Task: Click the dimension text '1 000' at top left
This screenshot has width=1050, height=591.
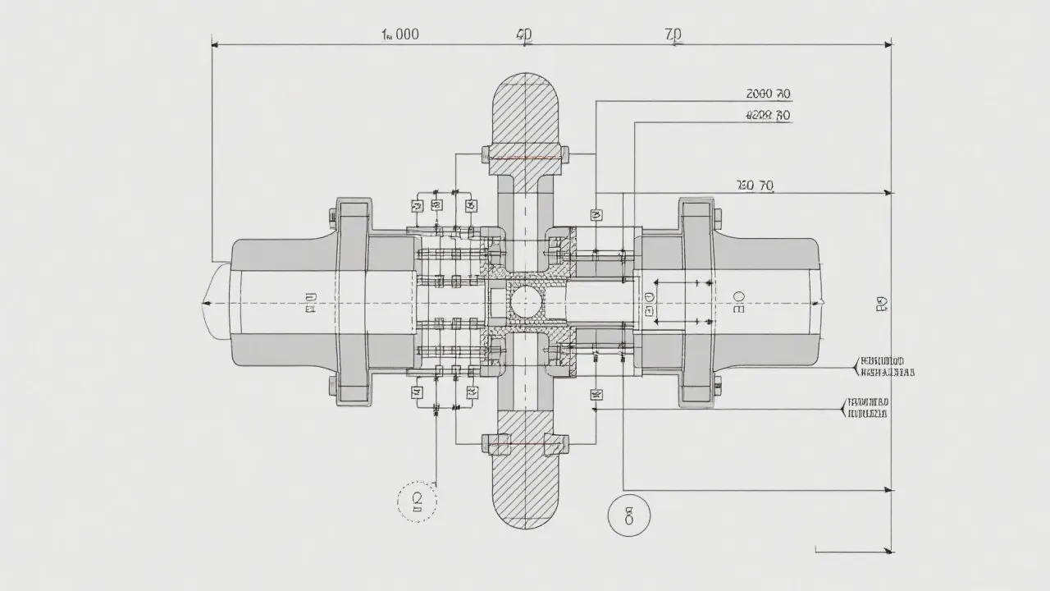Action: (400, 34)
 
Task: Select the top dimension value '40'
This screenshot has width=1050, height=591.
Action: (523, 34)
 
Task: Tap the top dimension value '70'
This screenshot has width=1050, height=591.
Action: (673, 34)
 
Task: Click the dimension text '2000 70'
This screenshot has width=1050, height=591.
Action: (768, 94)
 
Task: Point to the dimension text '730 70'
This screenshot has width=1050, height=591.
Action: (755, 186)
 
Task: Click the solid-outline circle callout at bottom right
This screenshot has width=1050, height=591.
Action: (628, 515)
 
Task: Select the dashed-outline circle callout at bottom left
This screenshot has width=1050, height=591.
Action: (417, 501)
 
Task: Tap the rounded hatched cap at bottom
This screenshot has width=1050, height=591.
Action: (524, 492)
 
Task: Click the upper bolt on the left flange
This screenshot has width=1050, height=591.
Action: (332, 217)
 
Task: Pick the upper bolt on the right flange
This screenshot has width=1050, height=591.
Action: (717, 217)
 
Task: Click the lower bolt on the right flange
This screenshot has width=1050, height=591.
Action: (717, 383)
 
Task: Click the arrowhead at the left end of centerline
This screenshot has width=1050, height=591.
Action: (205, 303)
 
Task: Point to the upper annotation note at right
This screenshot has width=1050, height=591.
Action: (884, 366)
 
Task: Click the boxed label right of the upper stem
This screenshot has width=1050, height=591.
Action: (596, 215)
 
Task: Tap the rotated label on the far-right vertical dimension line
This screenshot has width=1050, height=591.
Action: (881, 305)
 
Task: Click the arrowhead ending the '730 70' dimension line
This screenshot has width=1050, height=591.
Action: (889, 193)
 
